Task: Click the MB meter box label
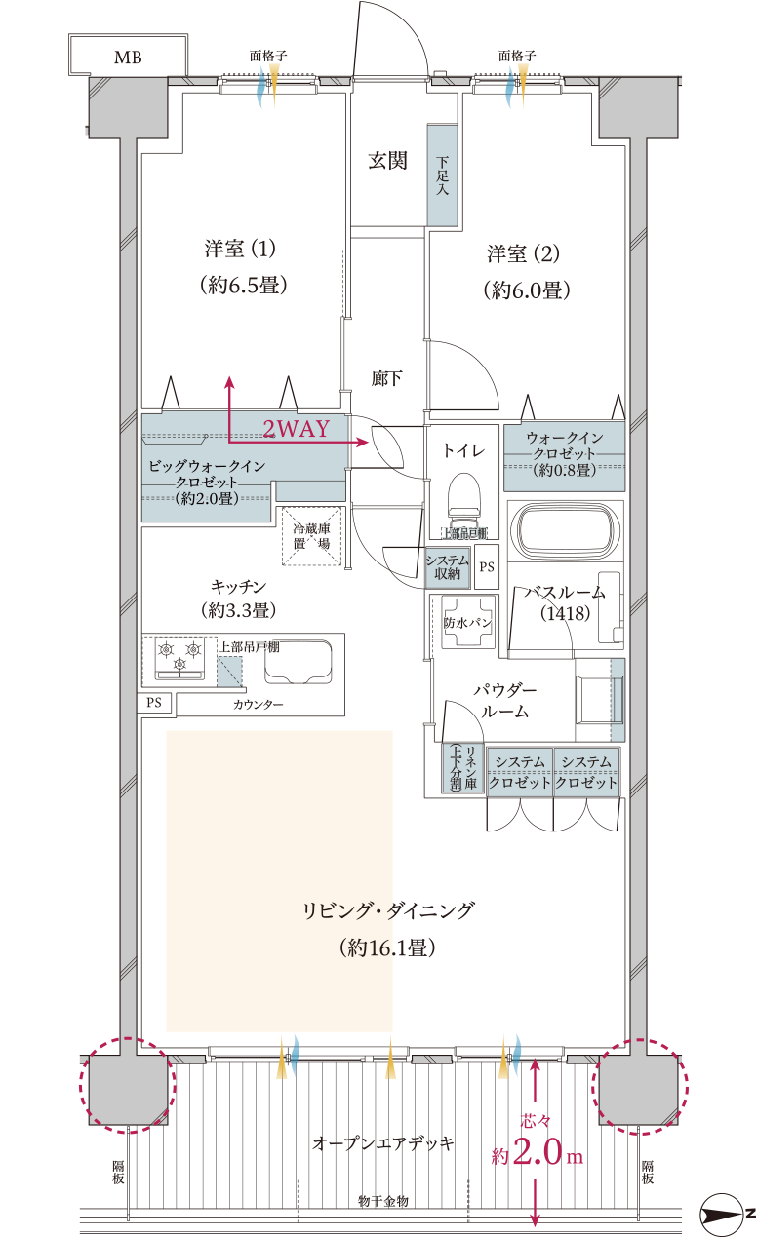coord(128,58)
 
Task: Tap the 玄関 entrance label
coord(387,161)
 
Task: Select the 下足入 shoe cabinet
coord(442,175)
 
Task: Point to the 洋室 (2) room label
coord(525,254)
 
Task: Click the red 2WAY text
coord(297,428)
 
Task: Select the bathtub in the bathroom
coord(567,532)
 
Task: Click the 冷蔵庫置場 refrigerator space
coord(311,535)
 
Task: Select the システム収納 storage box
coord(448,566)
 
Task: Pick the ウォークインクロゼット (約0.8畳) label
coord(564,454)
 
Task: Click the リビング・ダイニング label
coord(387,911)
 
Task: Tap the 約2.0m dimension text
coord(537,1155)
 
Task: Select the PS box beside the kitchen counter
coord(154,703)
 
